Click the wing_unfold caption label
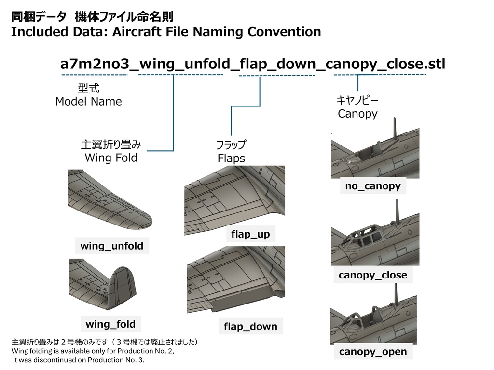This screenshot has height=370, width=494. point(112,246)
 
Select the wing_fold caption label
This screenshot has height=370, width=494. point(110,324)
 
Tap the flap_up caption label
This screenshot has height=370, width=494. point(250,234)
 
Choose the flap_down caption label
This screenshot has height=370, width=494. point(251,327)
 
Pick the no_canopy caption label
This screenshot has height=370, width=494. point(373,186)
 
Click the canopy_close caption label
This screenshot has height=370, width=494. point(373,275)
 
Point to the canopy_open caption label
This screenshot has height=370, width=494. point(373,352)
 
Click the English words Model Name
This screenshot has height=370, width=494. point(89,102)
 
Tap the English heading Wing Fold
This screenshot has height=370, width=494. point(111,158)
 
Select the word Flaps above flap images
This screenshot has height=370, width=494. point(231,158)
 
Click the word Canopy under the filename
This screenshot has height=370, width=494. point(357,114)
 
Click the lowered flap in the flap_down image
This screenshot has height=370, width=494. point(243,303)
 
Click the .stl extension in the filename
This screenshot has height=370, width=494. point(435,64)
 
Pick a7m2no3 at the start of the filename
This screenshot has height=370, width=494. point(95,64)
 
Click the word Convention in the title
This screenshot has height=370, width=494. point(284,32)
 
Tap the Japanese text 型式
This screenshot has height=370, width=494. point(89,89)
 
